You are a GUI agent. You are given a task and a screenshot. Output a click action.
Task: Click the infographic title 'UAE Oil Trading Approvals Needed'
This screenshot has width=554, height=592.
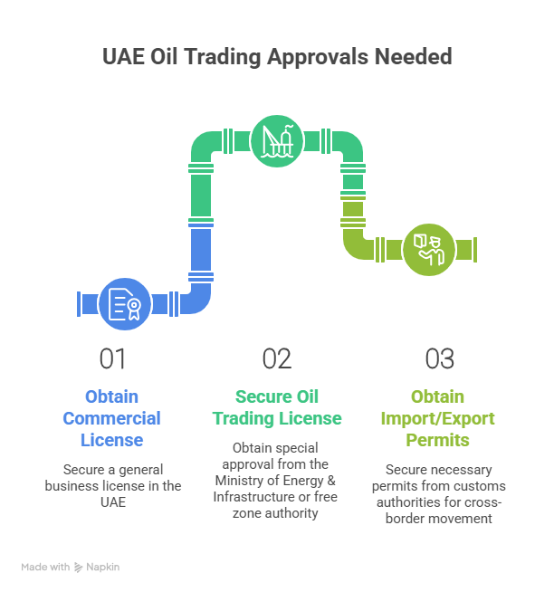click(x=276, y=56)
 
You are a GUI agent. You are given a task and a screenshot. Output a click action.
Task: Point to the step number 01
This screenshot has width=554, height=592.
click(x=113, y=359)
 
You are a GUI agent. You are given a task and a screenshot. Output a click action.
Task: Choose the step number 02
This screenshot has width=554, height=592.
click(x=277, y=359)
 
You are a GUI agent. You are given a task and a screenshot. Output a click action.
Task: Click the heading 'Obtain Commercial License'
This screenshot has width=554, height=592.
click(x=111, y=418)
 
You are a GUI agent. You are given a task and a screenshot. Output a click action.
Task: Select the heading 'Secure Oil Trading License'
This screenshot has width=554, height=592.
click(x=277, y=407)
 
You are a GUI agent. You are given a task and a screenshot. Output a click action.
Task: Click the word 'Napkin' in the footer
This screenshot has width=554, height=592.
click(x=104, y=567)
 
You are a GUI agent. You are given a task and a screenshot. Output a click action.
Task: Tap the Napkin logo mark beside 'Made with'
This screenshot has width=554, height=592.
click(x=80, y=567)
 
